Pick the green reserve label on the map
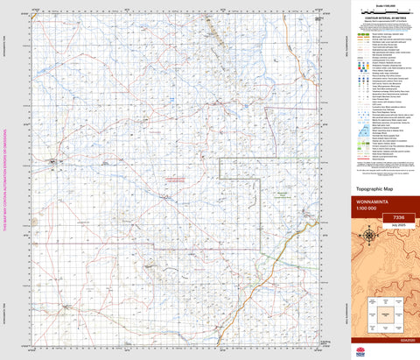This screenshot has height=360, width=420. (x=282, y=194)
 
